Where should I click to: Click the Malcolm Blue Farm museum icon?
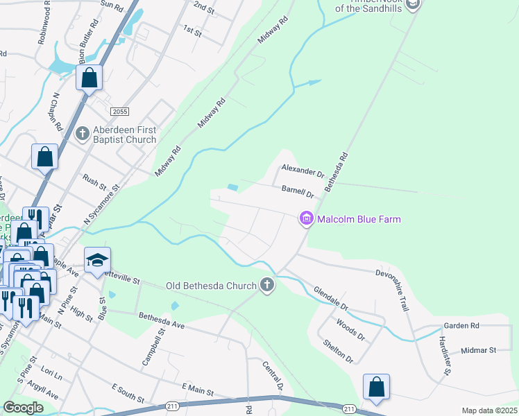(x=305, y=219)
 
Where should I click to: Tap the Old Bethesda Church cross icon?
(x=267, y=284)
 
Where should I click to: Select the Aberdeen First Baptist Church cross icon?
(x=82, y=132)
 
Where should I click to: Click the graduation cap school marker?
(x=98, y=260)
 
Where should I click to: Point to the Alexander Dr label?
(x=303, y=171)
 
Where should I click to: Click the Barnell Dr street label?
(x=298, y=191)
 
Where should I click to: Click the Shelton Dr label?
(x=339, y=352)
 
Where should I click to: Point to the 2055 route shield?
(x=120, y=112)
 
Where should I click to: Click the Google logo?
(x=23, y=407)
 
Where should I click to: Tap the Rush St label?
(x=94, y=182)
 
